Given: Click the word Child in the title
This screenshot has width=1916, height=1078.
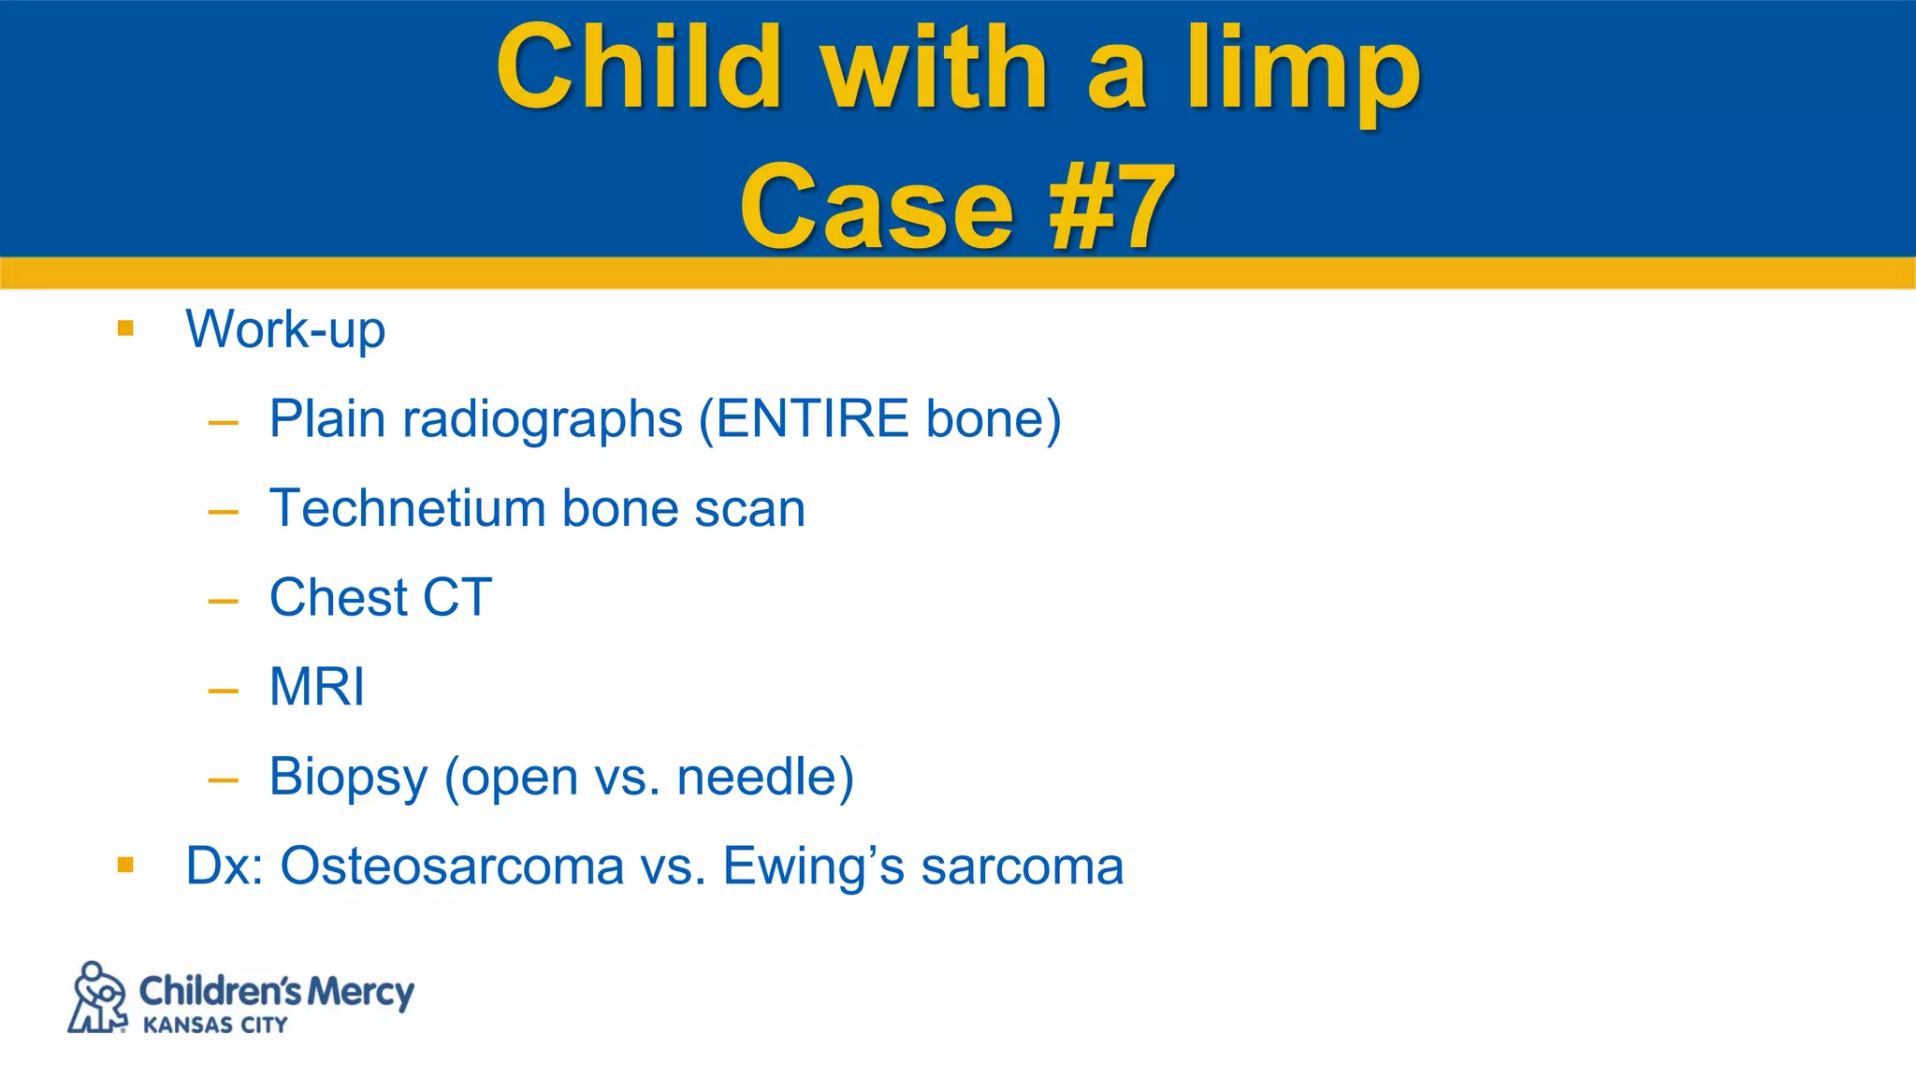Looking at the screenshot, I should click(x=638, y=67).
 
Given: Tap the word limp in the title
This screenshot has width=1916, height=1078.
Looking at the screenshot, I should click(x=1303, y=71).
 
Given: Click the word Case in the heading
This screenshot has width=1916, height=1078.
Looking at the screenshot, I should click(x=877, y=208).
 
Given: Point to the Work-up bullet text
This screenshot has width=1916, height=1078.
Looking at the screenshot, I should click(x=285, y=330).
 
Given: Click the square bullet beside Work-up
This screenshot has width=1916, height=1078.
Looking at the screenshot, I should click(x=126, y=328).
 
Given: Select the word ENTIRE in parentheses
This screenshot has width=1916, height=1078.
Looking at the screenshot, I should click(x=812, y=418).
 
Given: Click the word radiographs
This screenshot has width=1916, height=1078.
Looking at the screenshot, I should click(x=543, y=420).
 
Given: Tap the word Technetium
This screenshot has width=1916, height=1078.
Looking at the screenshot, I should click(x=408, y=508).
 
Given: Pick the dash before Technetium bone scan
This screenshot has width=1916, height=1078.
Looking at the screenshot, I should click(x=223, y=512).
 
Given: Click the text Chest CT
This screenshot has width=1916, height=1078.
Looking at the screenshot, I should click(x=380, y=597).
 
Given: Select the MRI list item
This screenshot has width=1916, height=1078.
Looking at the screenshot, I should click(x=316, y=687).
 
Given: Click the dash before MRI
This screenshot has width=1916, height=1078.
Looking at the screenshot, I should click(x=223, y=692).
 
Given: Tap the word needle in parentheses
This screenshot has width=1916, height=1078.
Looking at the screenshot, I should click(x=755, y=777).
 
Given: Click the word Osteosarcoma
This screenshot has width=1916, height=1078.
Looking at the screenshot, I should click(x=452, y=866).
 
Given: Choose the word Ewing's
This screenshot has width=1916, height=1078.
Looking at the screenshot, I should click(x=814, y=867).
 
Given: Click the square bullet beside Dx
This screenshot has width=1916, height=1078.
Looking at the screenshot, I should click(x=126, y=865).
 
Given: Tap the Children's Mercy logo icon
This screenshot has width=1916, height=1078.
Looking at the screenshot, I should click(x=97, y=998).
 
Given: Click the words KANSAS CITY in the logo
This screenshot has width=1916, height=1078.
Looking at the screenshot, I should click(x=215, y=1026).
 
